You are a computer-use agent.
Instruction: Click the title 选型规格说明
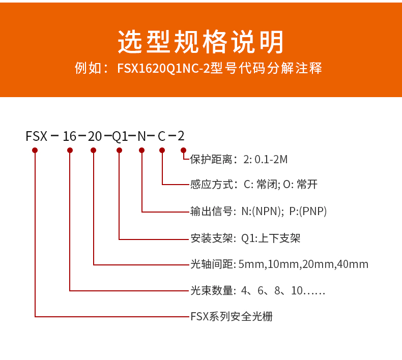(x=201, y=42)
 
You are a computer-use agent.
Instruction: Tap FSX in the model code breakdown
(x=36, y=136)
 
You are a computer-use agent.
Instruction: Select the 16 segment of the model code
(x=69, y=136)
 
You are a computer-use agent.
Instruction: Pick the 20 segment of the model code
(x=95, y=136)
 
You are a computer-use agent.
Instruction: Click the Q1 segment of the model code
(x=120, y=136)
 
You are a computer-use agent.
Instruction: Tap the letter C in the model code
(x=162, y=136)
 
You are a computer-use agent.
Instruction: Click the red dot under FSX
(x=35, y=150)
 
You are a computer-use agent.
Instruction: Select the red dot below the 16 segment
(x=70, y=150)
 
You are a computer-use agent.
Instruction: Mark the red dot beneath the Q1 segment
(x=119, y=150)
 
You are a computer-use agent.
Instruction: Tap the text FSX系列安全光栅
(x=231, y=317)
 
